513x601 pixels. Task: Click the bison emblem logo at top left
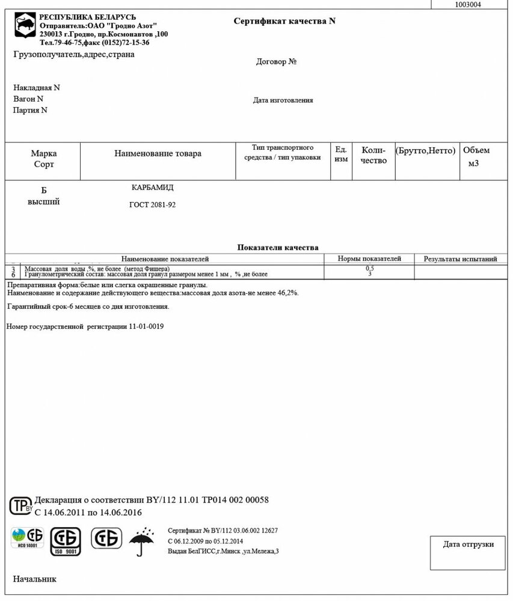point(24,28)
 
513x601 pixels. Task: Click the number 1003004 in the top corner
point(468,4)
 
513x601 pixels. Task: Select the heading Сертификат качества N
point(284,21)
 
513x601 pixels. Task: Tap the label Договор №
point(277,62)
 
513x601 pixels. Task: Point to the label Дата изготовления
point(283,100)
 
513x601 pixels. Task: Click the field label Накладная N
point(37,88)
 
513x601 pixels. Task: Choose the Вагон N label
point(28,99)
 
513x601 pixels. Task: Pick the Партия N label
point(30,111)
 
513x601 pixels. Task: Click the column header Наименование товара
point(158,154)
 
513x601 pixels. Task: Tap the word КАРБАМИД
point(153,188)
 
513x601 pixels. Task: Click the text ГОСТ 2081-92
point(153,205)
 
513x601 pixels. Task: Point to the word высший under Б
point(43,202)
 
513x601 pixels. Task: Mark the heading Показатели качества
point(278,247)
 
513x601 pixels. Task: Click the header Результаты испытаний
point(460,259)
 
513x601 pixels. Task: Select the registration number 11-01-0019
point(146,326)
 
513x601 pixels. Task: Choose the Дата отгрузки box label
point(468,545)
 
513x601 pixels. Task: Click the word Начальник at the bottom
point(34,579)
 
